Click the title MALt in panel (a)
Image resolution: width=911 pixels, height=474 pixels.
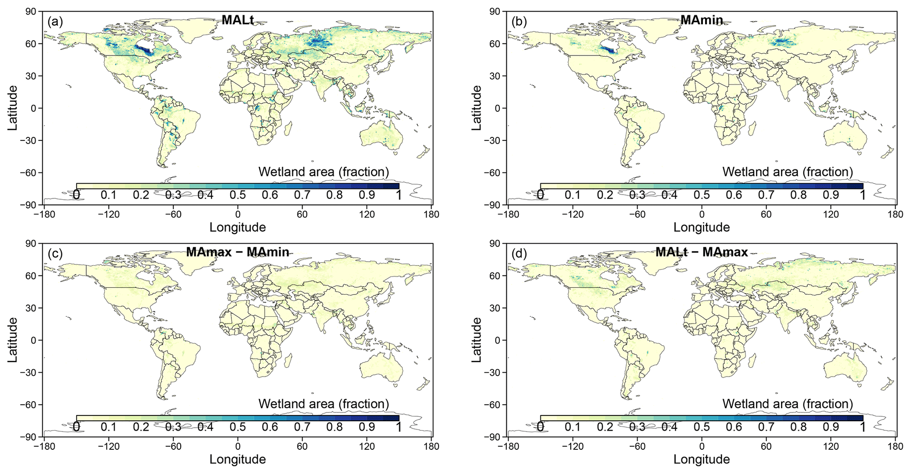[x=238, y=20]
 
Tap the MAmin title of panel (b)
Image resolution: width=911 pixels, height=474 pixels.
[x=702, y=20]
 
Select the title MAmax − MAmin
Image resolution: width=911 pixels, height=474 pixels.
[x=238, y=252]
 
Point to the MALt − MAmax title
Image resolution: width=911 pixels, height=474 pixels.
[x=702, y=252]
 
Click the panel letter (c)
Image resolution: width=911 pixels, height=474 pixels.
[x=55, y=254]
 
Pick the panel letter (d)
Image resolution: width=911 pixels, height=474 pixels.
[x=519, y=254]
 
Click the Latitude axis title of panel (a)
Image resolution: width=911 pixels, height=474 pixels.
[x=13, y=108]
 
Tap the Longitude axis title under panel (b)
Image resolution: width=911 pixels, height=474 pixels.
[x=702, y=227]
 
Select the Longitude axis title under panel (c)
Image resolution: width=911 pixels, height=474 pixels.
[x=238, y=459]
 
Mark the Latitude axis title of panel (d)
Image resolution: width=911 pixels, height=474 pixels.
[x=477, y=340]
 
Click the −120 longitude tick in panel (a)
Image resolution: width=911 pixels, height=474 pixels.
[x=108, y=215]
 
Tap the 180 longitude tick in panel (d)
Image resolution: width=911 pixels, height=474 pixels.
[x=895, y=446]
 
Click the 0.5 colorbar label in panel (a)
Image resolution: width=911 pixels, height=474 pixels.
[x=238, y=195]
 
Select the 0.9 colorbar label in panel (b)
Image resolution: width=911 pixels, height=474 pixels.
[x=831, y=195]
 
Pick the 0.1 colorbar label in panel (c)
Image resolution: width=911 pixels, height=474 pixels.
[x=108, y=427]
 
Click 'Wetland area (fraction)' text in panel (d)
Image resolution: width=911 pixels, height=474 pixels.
[x=788, y=404]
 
